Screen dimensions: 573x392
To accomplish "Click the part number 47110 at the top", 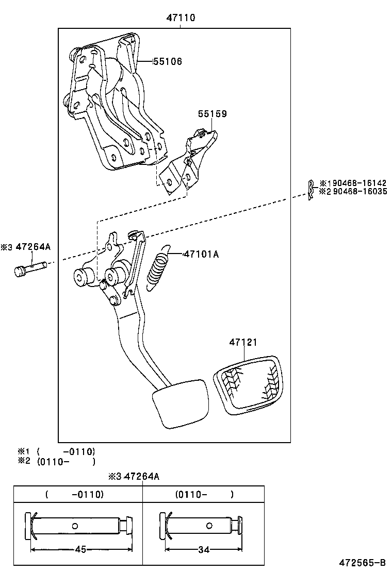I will point(181,18).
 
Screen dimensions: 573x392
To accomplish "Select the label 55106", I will point(167,61).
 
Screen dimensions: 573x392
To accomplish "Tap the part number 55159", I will point(212,114).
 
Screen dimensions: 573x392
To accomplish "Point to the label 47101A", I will point(201,254).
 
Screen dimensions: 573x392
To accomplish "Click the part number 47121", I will point(243,342).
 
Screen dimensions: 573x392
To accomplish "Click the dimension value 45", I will point(80,549).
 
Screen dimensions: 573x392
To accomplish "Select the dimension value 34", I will point(204,550).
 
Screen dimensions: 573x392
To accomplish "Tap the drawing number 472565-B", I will point(362,562).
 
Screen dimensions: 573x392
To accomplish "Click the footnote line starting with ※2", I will point(57,462).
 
